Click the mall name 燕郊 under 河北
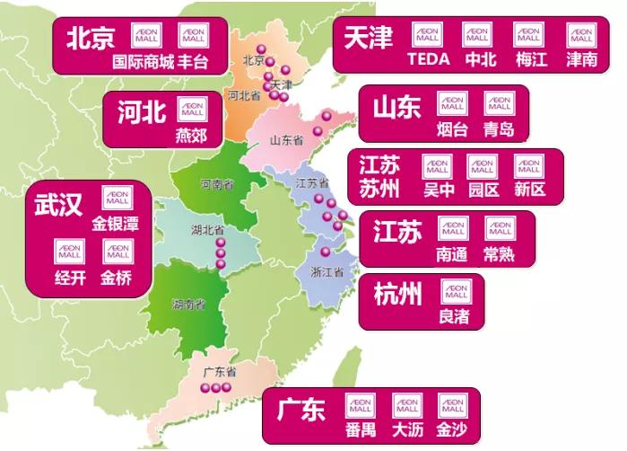(191, 135)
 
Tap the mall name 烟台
(451, 128)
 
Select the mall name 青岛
(499, 128)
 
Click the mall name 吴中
(438, 190)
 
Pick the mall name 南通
(451, 253)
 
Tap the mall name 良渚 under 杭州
(453, 315)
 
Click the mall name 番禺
(360, 430)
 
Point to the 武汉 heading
(58, 205)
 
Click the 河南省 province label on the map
(216, 184)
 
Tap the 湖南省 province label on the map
(187, 304)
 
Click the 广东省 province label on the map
(218, 371)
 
